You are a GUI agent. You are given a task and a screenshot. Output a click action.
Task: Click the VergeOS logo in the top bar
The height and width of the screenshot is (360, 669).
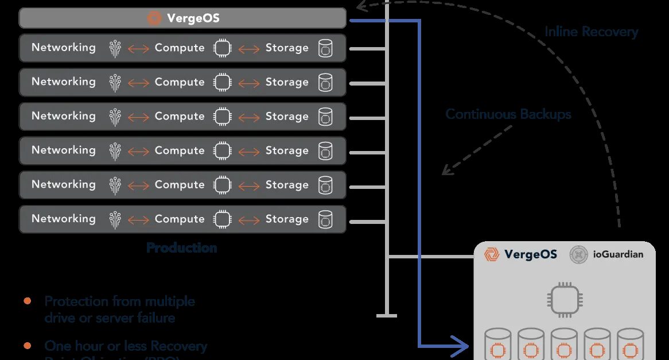[154, 18]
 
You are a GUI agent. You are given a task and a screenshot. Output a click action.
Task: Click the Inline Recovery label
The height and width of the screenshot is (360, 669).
[591, 32]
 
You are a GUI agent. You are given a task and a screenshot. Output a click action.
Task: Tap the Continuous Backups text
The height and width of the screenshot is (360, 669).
[508, 114]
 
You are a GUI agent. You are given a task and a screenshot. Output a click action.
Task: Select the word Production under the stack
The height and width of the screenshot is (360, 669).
[181, 248]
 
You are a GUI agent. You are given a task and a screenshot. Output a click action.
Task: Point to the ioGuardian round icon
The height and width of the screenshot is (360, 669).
[579, 254]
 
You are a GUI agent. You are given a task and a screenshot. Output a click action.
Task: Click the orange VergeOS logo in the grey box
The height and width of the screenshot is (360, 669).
[491, 254]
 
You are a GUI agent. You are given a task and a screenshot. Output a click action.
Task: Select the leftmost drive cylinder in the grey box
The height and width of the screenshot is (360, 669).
[498, 344]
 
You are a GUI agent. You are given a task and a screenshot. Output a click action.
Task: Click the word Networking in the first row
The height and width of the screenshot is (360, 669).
[64, 48]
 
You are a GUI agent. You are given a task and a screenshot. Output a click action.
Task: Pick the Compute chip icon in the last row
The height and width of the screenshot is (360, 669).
[223, 219]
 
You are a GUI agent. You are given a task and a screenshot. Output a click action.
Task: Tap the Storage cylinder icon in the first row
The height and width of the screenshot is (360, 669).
[325, 48]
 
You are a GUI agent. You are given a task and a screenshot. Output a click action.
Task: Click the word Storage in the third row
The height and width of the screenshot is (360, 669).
[287, 116]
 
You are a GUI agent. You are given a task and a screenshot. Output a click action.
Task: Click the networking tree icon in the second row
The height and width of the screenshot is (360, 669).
[115, 83]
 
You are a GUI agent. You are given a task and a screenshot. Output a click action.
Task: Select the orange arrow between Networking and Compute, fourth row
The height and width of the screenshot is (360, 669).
[138, 151]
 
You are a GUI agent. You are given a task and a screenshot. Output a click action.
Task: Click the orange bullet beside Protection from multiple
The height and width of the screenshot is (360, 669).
[27, 301]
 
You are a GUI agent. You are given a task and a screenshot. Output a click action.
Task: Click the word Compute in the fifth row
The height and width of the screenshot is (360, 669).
[180, 184]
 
